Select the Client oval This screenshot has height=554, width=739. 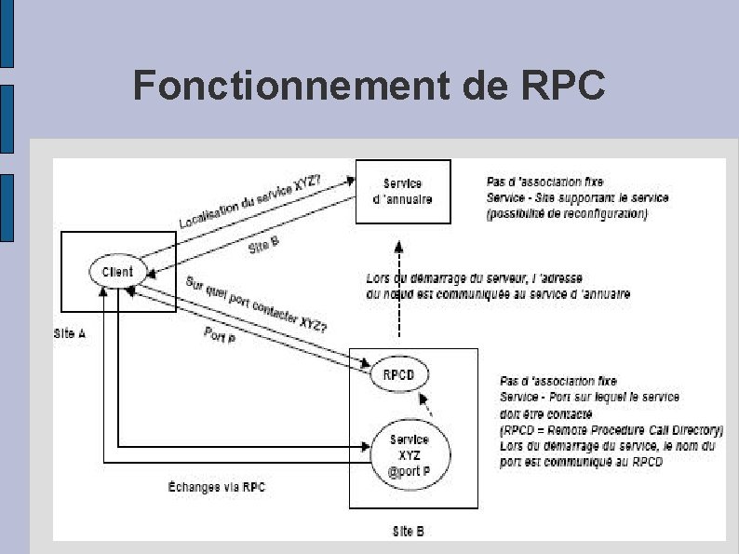[117, 272]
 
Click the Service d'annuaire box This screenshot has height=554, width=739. [403, 192]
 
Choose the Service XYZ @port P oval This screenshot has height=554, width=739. [409, 453]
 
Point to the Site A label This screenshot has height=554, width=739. [71, 333]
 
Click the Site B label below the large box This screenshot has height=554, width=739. [409, 532]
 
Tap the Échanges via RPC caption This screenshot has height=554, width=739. [217, 487]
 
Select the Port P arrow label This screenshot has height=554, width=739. [220, 335]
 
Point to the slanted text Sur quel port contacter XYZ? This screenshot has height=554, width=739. [255, 304]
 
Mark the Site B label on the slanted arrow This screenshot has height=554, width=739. [264, 247]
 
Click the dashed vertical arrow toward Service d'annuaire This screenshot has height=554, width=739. [398, 289]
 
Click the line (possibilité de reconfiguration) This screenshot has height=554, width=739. [566, 213]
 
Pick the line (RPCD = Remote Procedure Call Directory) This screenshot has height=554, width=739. [611, 430]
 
